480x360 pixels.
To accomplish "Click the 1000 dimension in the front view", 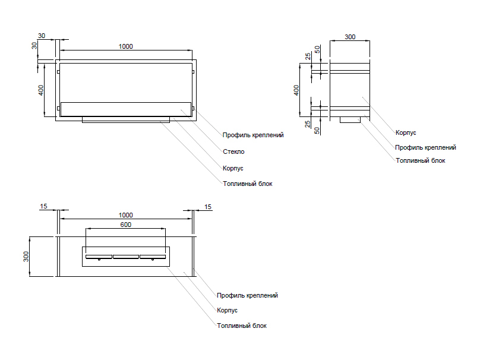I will [x=126, y=46].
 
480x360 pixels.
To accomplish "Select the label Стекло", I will [x=233, y=151].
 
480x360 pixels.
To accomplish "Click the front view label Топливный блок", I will [x=248, y=184].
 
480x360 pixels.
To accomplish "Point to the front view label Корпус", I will [x=233, y=168].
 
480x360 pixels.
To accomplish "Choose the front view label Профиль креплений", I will [x=253, y=135].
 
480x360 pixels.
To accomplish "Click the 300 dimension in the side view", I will [x=350, y=37].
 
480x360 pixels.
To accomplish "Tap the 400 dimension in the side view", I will [x=296, y=90].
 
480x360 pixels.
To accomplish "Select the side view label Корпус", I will [x=406, y=132].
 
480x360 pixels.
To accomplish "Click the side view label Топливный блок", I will [x=420, y=160].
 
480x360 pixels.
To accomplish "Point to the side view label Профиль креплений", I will [x=425, y=147].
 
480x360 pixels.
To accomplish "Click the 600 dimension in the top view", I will [x=125, y=225].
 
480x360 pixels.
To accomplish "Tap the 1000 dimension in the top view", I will [x=126, y=214].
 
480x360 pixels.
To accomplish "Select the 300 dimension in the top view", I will [x=26, y=256].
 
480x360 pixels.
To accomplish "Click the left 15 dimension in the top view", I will [x=43, y=206].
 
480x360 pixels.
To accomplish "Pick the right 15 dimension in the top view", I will [x=207, y=206].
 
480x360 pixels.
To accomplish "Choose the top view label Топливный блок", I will [x=242, y=326].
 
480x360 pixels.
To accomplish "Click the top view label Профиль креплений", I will [x=247, y=295].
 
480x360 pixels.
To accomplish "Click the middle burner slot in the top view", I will [x=125, y=257].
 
